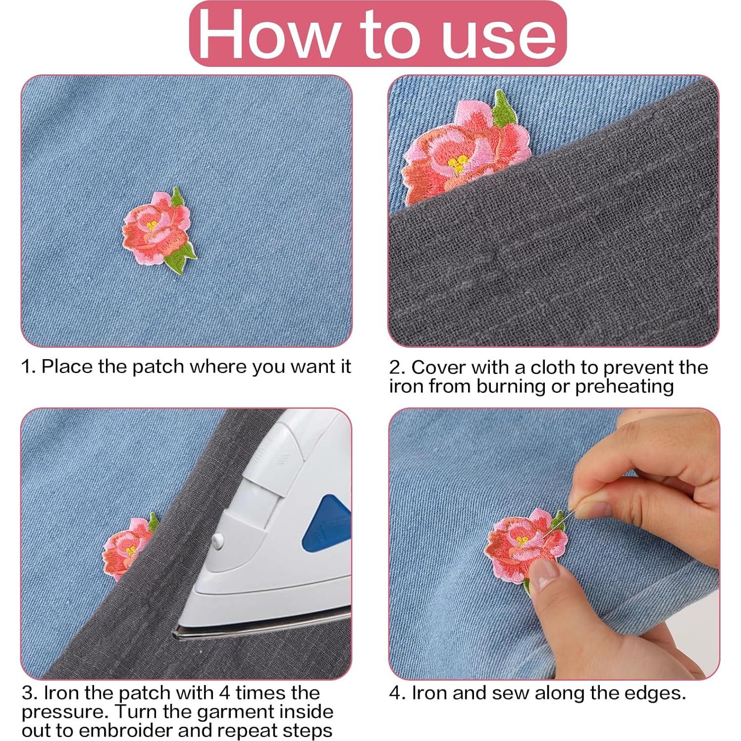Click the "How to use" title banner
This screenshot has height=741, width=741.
click(x=377, y=34)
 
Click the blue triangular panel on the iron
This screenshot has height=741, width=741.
click(x=324, y=525)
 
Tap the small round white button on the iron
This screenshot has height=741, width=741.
click(x=216, y=542)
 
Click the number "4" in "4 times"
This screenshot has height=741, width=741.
click(x=223, y=692)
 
